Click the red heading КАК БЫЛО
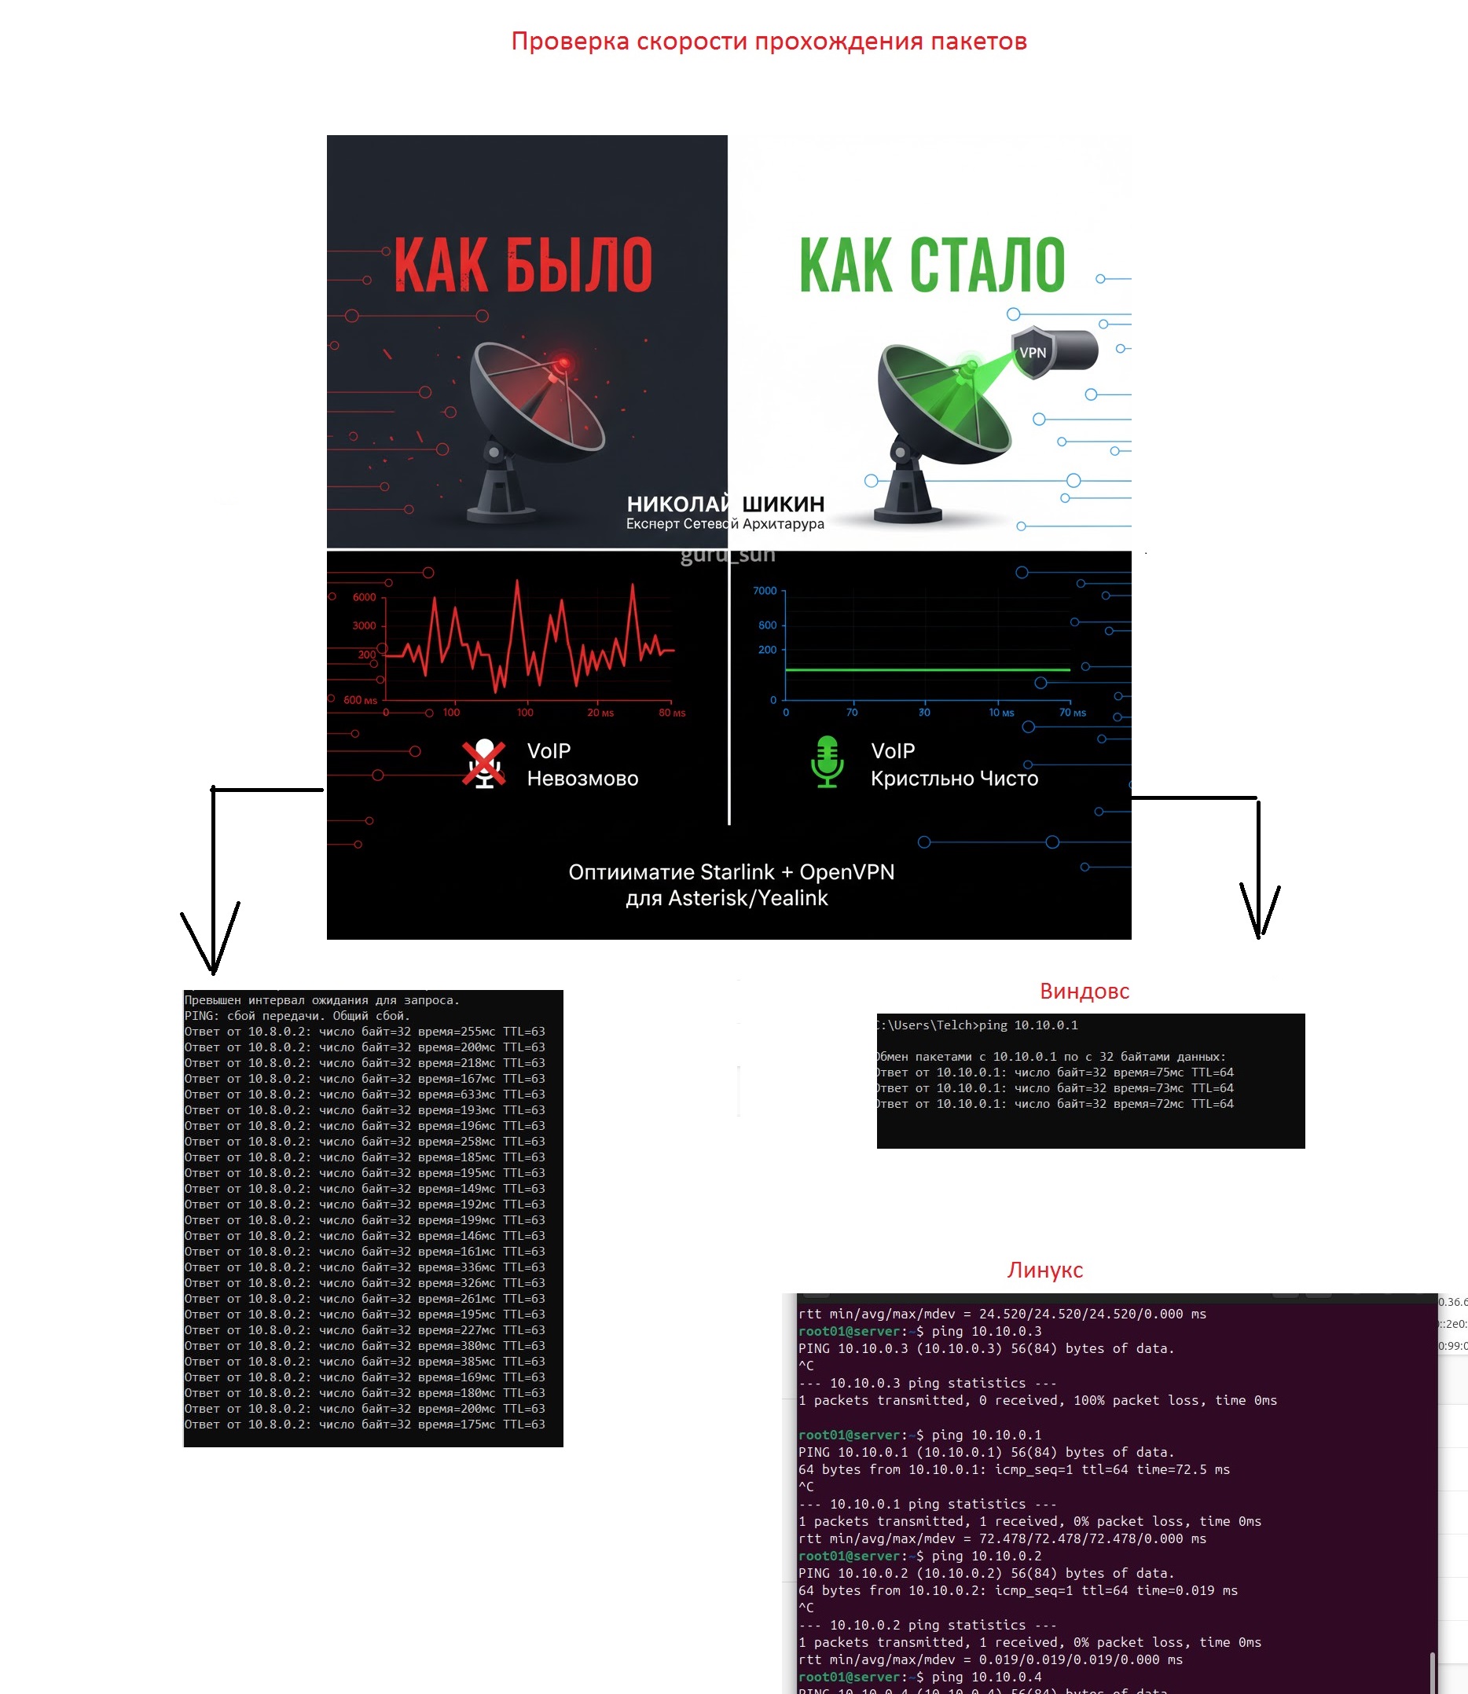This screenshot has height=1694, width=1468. (523, 265)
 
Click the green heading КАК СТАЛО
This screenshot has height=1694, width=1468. (932, 265)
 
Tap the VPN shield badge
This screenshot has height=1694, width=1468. (1032, 352)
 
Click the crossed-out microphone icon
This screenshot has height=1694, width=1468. (484, 764)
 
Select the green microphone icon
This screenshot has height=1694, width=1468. (827, 762)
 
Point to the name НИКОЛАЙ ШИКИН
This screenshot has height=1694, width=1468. (725, 504)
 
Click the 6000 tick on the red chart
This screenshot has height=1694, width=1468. (365, 597)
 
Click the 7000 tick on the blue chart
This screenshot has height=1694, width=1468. (765, 591)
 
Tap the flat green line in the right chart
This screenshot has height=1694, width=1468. (927, 669)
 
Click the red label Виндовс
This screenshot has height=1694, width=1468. (1084, 991)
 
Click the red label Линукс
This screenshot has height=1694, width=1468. (1044, 1270)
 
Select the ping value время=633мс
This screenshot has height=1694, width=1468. (457, 1094)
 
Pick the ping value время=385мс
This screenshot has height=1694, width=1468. (457, 1362)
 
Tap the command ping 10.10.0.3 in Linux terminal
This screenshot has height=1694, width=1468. (987, 1331)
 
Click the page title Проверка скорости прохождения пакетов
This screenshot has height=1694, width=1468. (769, 41)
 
